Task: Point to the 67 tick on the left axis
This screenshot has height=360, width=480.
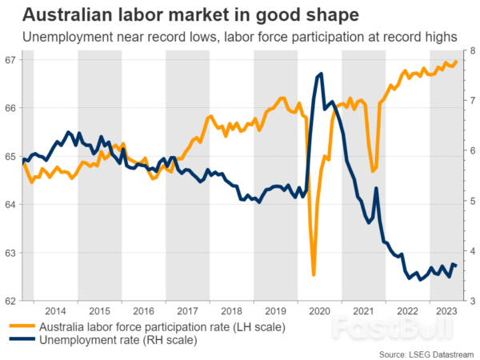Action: [x=10, y=60]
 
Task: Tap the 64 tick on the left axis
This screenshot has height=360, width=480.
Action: [x=10, y=205]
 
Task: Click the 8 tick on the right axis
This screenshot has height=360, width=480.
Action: [x=471, y=50]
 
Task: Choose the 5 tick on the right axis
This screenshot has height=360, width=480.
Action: [x=471, y=202]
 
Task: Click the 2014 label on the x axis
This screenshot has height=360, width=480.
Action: [x=55, y=311]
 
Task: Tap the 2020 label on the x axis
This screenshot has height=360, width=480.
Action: [x=319, y=311]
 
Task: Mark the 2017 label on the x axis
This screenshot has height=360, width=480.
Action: [x=187, y=311]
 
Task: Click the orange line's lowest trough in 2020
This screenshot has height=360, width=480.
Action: [x=314, y=274]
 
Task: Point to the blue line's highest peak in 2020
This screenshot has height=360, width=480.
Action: [x=321, y=74]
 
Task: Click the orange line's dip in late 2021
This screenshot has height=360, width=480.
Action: [x=373, y=170]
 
